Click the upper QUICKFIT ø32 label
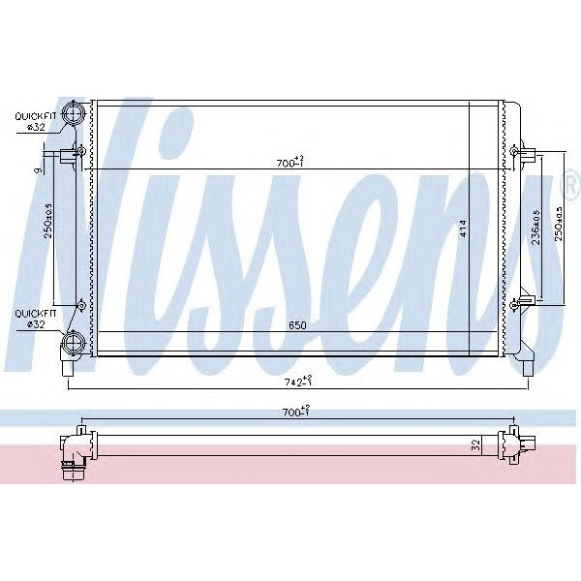(34, 121)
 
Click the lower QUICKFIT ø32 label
(34, 319)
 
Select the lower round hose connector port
(74, 342)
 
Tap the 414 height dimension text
(464, 229)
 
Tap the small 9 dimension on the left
(37, 170)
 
